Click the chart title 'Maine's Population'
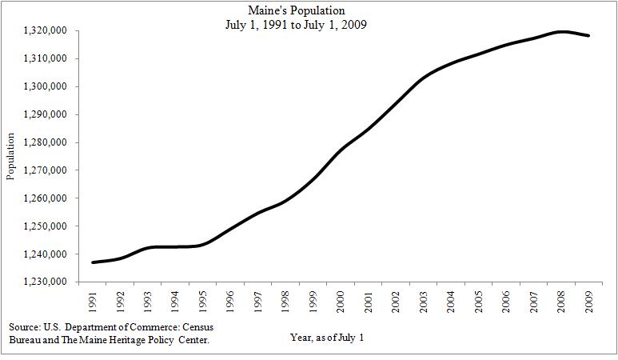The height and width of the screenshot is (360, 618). [308, 10]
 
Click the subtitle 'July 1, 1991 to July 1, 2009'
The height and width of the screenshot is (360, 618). [308, 25]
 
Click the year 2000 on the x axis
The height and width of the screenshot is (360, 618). [341, 302]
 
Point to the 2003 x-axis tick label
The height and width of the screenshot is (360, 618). [423, 302]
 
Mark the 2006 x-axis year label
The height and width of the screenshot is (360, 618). [504, 302]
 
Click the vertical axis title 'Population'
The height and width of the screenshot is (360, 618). [11, 157]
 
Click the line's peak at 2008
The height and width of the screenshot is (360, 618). [561, 32]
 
